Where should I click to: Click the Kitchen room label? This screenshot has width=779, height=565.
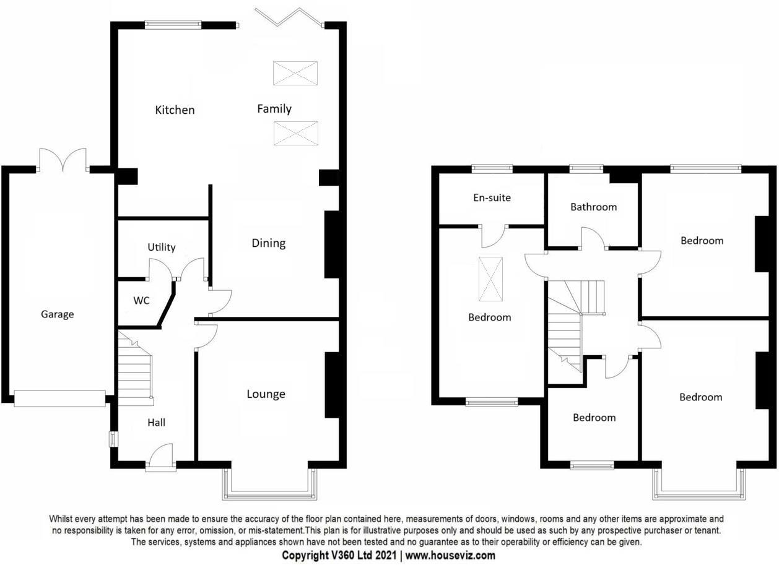[x=175, y=110]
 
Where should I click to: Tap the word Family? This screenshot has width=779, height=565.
[x=274, y=109]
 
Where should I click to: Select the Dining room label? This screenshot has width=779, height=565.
[x=269, y=243]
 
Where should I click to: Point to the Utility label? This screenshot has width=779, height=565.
[x=162, y=247]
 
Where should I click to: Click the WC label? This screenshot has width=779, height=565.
[x=142, y=301]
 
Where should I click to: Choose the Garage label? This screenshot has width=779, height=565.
[x=58, y=314]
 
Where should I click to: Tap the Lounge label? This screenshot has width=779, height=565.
[x=266, y=394]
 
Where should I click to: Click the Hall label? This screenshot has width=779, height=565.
[x=157, y=423]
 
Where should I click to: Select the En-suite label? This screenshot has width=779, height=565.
[x=492, y=198]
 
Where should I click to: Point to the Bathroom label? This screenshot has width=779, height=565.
[x=594, y=207]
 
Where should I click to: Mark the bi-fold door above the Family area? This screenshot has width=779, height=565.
[x=290, y=17]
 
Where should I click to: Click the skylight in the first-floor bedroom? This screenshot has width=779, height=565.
[x=491, y=278]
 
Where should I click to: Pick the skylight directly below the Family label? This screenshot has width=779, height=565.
[x=296, y=133]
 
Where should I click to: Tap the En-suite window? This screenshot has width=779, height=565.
[x=492, y=167]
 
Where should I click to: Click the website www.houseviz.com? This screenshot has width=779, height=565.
[x=450, y=555]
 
